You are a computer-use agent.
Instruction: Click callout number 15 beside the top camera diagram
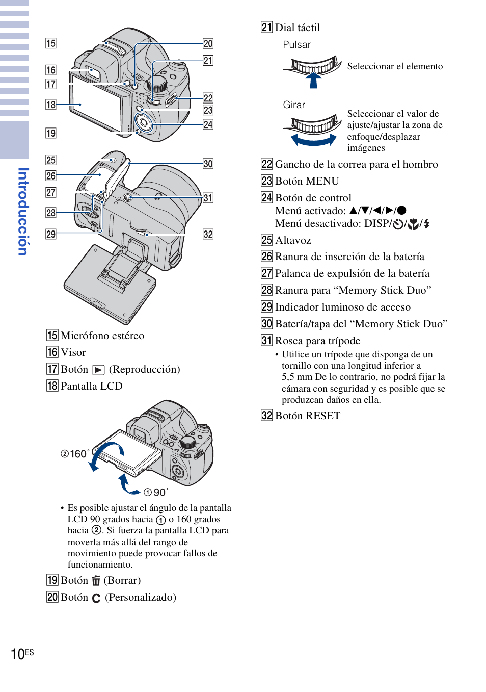(x=50, y=43)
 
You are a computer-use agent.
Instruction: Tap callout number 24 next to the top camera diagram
(x=208, y=124)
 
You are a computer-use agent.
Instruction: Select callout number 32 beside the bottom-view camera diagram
(x=208, y=234)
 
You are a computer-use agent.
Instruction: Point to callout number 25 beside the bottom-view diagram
(x=50, y=160)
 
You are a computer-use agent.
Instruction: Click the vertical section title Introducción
(x=22, y=212)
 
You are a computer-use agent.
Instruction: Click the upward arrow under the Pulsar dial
(x=314, y=80)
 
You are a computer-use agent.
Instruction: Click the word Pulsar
(x=296, y=45)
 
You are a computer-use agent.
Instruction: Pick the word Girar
(x=294, y=105)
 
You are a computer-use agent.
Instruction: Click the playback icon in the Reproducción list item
(x=98, y=370)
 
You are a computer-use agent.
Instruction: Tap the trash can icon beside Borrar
(x=96, y=581)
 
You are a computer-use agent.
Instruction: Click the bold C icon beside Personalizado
(x=96, y=598)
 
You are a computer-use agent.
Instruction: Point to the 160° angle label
(x=75, y=454)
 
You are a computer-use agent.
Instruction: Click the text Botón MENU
(x=307, y=181)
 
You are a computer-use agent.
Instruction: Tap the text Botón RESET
(x=307, y=416)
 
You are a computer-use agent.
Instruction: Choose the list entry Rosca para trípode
(x=317, y=341)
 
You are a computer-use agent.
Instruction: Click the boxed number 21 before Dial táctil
(x=266, y=28)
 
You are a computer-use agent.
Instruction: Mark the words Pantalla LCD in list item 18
(x=91, y=386)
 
